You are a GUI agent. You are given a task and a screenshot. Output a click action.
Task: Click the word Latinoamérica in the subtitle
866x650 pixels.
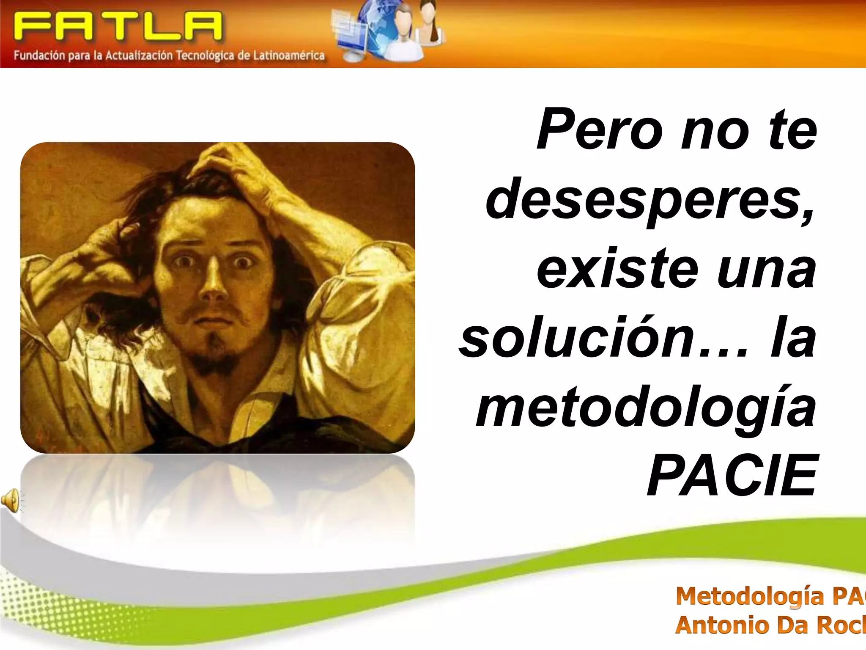click(289, 55)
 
